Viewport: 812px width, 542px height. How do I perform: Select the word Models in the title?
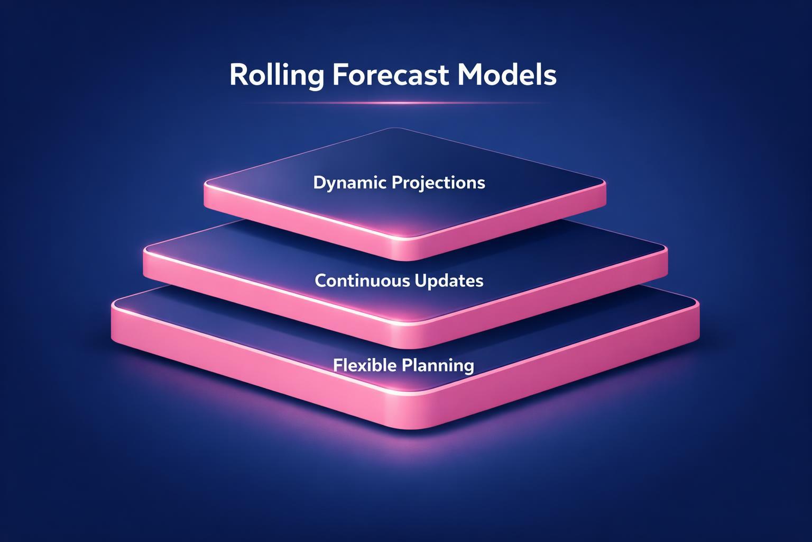point(507,75)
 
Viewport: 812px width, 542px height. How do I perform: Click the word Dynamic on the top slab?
point(350,183)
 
